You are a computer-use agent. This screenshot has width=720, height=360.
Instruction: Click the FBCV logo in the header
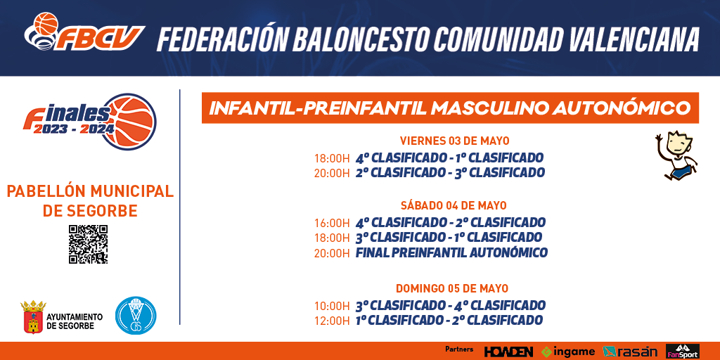tap(84, 32)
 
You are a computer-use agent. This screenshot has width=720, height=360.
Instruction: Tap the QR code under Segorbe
tap(88, 244)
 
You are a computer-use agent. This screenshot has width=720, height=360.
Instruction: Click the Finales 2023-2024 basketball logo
tap(90, 122)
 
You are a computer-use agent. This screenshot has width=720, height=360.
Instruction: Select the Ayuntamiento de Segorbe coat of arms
tap(33, 317)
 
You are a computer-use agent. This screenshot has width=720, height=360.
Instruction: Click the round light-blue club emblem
tap(136, 316)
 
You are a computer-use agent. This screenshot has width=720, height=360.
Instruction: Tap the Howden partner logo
tap(508, 352)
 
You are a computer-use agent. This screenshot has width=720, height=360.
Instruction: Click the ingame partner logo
tap(568, 352)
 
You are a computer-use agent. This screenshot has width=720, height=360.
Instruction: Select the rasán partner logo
tap(630, 352)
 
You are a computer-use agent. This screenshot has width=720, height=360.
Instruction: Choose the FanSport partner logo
tap(682, 352)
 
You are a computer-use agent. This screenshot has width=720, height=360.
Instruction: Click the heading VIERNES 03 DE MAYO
tap(455, 141)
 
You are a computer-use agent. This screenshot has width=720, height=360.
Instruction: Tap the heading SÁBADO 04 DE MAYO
tap(454, 205)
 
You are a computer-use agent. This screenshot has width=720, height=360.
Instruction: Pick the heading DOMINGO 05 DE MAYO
tap(452, 288)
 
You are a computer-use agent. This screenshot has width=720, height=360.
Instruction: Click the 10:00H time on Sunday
tap(332, 306)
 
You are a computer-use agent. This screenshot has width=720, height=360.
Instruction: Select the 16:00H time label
tap(332, 223)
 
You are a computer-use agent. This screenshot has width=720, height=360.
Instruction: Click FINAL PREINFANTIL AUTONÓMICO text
tap(451, 252)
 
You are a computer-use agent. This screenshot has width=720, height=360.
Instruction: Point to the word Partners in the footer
tap(459, 349)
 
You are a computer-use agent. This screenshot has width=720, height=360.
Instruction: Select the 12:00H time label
tap(332, 321)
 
